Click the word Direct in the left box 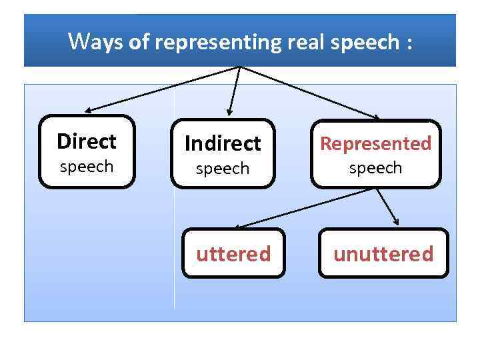pos(87,141)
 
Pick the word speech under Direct pos(87,167)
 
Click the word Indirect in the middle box pos(223,143)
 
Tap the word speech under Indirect pos(223,169)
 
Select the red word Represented pos(376,143)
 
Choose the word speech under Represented pos(376,168)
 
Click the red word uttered pos(233,254)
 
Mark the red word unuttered pos(383,254)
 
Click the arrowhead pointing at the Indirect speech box pos(229,112)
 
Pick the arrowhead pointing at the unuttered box pos(397,223)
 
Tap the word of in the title pos(139,42)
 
